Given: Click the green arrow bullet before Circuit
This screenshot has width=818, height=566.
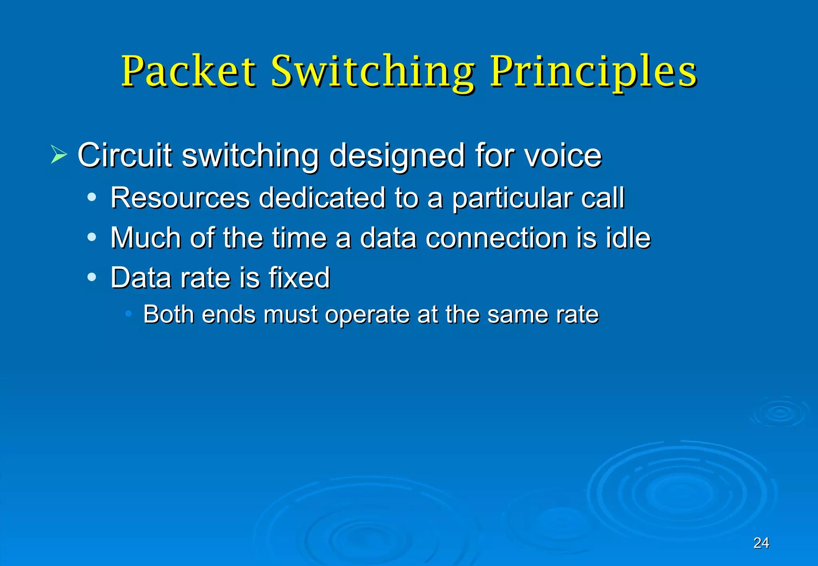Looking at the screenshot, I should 59,155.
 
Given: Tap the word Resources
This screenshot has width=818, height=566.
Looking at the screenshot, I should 180,198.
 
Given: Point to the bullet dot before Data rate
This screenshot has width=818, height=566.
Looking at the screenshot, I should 92,277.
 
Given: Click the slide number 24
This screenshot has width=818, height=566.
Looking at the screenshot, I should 761,543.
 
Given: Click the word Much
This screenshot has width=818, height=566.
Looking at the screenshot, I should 146,238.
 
